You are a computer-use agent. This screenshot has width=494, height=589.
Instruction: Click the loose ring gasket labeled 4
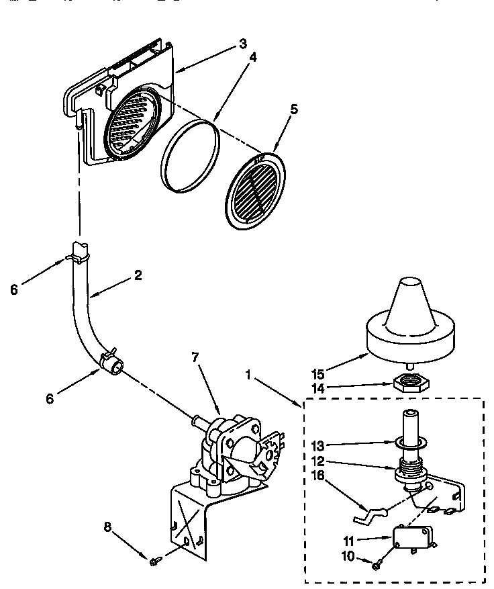pyautogui.click(x=191, y=156)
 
